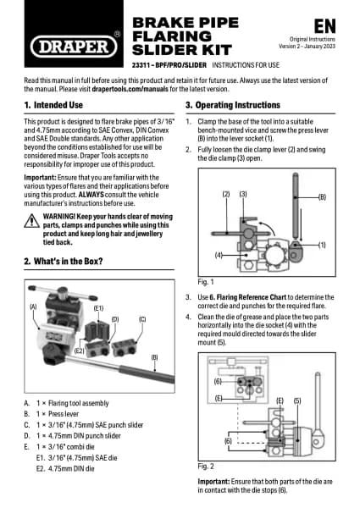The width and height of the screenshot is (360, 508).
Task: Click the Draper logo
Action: pyautogui.click(x=74, y=47)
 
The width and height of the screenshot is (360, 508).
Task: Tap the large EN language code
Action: pyautogui.click(x=324, y=26)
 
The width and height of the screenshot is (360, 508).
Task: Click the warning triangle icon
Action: pyautogui.click(x=31, y=221)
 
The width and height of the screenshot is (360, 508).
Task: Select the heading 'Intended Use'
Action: pyautogui.click(x=58, y=105)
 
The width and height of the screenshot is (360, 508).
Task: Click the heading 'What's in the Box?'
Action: pyautogui.click(x=68, y=261)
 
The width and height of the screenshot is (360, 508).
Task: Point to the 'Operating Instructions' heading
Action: pyautogui.click(x=237, y=105)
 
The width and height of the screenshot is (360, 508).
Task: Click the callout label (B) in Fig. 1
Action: pyautogui.click(x=322, y=197)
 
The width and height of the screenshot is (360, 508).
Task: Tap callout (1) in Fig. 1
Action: pyautogui.click(x=322, y=245)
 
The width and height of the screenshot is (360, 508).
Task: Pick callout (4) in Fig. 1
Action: pyautogui.click(x=219, y=256)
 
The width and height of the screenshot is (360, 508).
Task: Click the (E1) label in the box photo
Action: pyautogui.click(x=98, y=308)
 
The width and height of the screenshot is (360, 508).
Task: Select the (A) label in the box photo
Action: pyautogui.click(x=33, y=306)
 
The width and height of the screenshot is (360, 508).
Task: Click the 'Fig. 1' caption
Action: pyautogui.click(x=206, y=282)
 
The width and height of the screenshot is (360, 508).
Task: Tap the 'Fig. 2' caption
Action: pyautogui.click(x=206, y=467)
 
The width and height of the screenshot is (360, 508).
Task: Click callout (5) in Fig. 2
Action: pyautogui.click(x=297, y=400)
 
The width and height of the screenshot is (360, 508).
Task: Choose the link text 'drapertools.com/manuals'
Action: pyautogui.click(x=130, y=89)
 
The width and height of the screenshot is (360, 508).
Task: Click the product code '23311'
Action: pyautogui.click(x=141, y=65)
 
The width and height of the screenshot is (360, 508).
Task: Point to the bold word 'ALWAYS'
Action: pyautogui.click(x=91, y=195)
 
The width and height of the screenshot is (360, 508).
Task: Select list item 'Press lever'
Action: pyautogui.click(x=64, y=414)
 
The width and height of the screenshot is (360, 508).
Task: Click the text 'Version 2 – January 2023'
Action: pyautogui.click(x=307, y=47)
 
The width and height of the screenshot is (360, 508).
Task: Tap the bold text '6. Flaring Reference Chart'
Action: pyautogui.click(x=248, y=297)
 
